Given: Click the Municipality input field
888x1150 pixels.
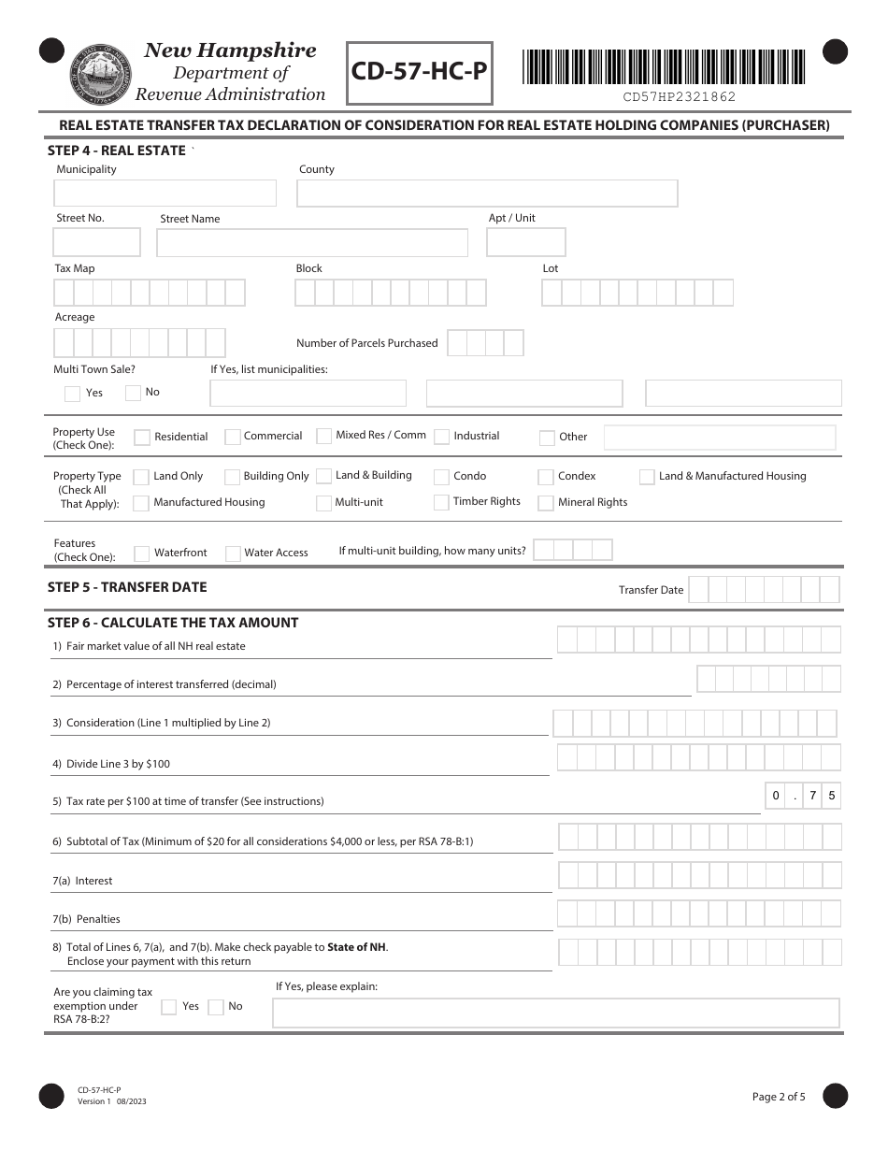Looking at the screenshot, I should [165, 194].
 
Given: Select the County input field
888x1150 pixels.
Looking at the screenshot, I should [487, 194].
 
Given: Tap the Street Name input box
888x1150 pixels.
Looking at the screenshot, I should [312, 243].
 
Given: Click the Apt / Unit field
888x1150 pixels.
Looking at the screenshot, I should [526, 243].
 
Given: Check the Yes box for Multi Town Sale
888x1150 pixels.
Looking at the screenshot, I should [72, 394].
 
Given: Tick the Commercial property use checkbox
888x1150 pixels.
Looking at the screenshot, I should [233, 437].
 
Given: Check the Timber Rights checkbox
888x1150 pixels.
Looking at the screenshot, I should [442, 502].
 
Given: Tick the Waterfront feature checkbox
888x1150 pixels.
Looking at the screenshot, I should [142, 553].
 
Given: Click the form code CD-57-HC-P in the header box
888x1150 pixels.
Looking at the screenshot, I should [420, 72].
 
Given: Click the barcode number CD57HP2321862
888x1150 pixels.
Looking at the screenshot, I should [679, 96].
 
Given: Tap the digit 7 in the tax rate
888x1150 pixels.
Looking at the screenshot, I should [813, 797].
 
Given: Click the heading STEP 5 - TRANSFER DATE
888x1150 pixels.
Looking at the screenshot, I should [127, 587].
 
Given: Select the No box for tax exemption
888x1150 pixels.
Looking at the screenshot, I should [216, 1007].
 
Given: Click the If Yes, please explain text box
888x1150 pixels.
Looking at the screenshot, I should [555, 1013].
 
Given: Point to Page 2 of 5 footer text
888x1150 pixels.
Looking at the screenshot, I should [779, 1097].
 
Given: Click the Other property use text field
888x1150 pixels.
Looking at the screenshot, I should [719, 437].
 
